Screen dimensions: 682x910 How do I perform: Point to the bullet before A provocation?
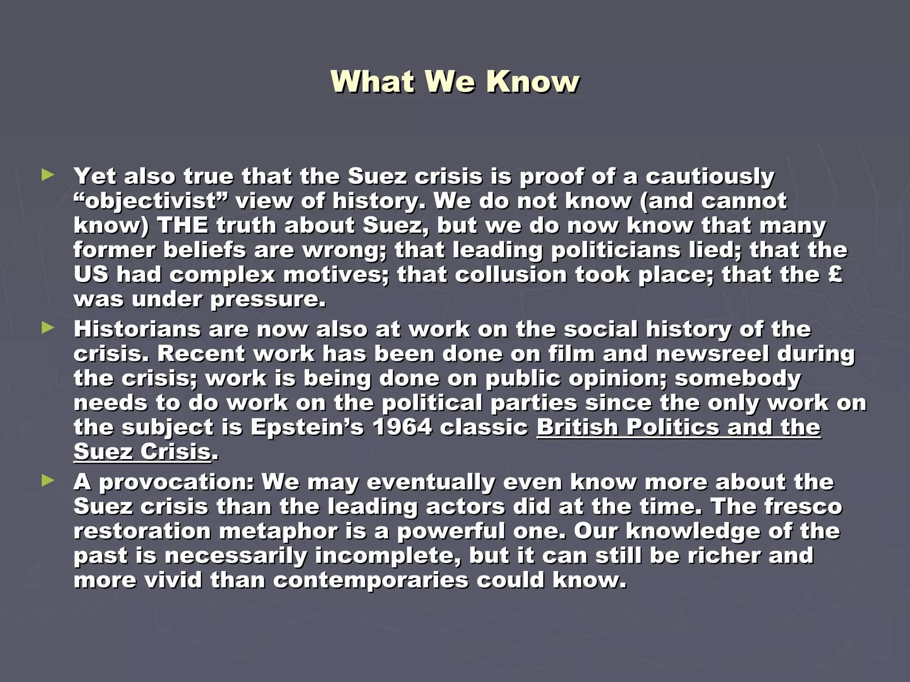pyautogui.click(x=48, y=480)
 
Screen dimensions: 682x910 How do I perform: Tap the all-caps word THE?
pyautogui.click(x=183, y=225)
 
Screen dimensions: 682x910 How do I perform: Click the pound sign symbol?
pyautogui.click(x=835, y=274)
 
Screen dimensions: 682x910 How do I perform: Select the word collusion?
pyautogui.click(x=511, y=274)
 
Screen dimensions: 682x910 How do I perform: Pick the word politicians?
pyautogui.click(x=616, y=250)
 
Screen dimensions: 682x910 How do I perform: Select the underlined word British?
pyautogui.click(x=577, y=428)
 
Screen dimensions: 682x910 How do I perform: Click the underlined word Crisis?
pyautogui.click(x=176, y=452)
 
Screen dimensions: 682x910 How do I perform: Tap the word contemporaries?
pyautogui.click(x=371, y=580)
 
